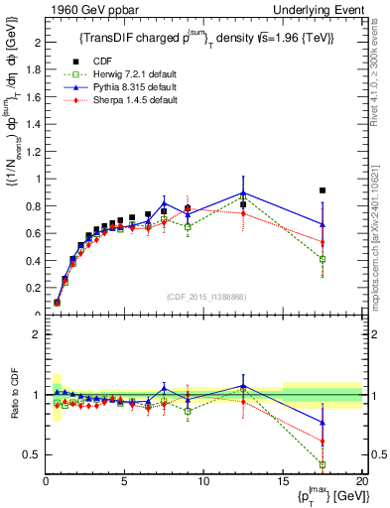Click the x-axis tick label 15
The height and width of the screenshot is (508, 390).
click(x=283, y=482)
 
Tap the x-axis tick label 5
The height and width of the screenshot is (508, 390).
click(x=124, y=482)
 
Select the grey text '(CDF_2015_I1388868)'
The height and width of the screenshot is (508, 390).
click(x=203, y=296)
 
